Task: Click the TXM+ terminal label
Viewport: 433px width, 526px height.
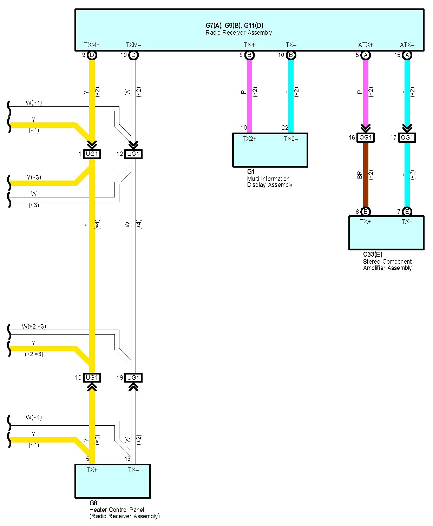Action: click(x=92, y=45)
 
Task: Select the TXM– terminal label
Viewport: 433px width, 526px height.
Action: click(x=133, y=45)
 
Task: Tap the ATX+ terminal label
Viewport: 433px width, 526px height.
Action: click(x=365, y=45)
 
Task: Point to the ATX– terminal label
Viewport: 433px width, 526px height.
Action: click(x=407, y=45)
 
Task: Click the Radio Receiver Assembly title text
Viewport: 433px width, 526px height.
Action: click(x=238, y=33)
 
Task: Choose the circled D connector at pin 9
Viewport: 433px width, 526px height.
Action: click(x=92, y=55)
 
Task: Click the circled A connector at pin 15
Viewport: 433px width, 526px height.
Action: click(x=407, y=55)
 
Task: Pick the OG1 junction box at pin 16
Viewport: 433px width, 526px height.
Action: click(x=365, y=137)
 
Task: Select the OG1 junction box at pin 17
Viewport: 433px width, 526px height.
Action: click(x=407, y=137)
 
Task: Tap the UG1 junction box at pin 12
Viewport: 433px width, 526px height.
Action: click(x=133, y=154)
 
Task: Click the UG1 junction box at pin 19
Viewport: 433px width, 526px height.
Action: click(x=133, y=378)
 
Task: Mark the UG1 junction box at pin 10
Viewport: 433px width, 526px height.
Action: click(x=92, y=378)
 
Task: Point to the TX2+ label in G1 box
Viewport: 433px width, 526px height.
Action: click(x=249, y=139)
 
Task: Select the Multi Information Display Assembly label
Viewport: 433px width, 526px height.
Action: click(x=269, y=182)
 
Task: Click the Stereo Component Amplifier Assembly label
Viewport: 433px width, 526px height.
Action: click(x=387, y=265)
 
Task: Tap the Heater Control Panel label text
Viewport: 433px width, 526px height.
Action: click(x=117, y=510)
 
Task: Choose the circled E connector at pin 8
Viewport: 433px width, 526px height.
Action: click(x=365, y=211)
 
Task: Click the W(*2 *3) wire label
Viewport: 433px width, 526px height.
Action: click(x=34, y=326)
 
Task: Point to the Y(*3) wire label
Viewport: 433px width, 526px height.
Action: click(x=34, y=177)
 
